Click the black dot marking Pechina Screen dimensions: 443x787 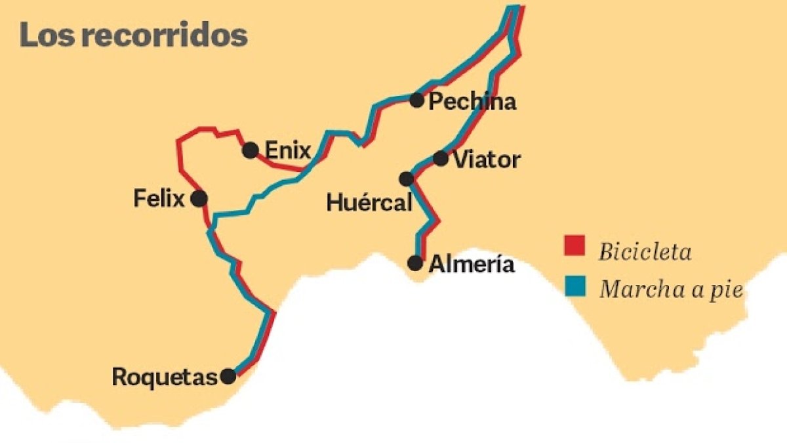pyautogui.click(x=416, y=100)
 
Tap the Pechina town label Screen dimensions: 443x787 pyautogui.click(x=472, y=102)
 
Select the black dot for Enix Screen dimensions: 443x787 pyautogui.click(x=250, y=150)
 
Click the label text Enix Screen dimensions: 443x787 pyautogui.click(x=288, y=151)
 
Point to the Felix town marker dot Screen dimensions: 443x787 pyautogui.click(x=199, y=198)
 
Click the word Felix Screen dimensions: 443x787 pyautogui.click(x=159, y=198)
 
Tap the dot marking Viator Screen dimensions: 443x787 pyautogui.click(x=441, y=158)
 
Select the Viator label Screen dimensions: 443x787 pyautogui.click(x=487, y=159)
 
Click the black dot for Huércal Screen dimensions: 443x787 pyautogui.click(x=406, y=179)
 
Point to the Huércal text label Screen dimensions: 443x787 pyautogui.click(x=369, y=203)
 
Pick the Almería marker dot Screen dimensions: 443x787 pyautogui.click(x=415, y=263)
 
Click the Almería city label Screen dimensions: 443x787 pyautogui.click(x=472, y=265)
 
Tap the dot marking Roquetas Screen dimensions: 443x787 pyautogui.click(x=228, y=376)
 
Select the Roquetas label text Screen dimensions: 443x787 pyautogui.click(x=165, y=377)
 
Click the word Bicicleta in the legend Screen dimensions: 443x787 pyautogui.click(x=645, y=251)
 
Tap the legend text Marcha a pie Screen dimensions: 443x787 pyautogui.click(x=672, y=289)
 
